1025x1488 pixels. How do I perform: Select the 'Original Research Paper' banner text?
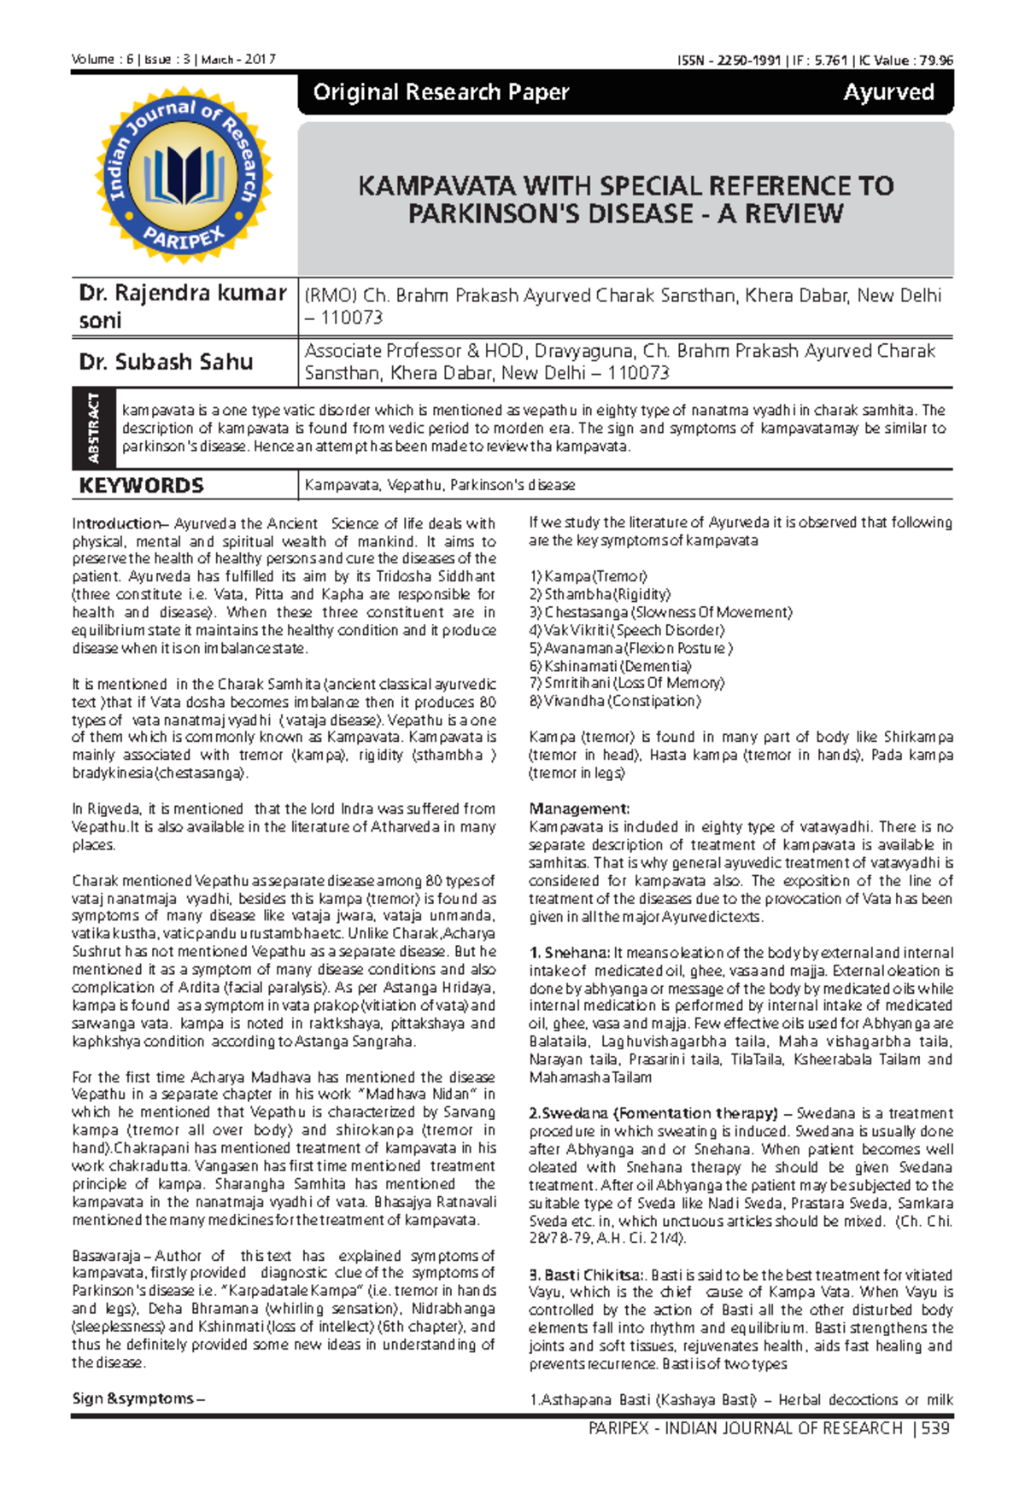pos(441,92)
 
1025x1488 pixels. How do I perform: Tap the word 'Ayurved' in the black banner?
pos(888,92)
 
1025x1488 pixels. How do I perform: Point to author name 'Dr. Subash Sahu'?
pos(166,362)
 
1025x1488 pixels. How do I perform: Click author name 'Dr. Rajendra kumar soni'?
pos(182,306)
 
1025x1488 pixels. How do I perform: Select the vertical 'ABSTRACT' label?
pos(93,428)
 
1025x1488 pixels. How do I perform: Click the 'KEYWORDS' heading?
pos(141,486)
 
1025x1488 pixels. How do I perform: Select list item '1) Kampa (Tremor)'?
pos(588,576)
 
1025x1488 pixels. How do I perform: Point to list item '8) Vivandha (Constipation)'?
pos(614,701)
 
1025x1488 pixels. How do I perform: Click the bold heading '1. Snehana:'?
pos(568,953)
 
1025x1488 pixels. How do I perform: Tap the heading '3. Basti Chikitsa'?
pos(583,1275)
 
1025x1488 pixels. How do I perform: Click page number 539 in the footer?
pos(935,1428)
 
